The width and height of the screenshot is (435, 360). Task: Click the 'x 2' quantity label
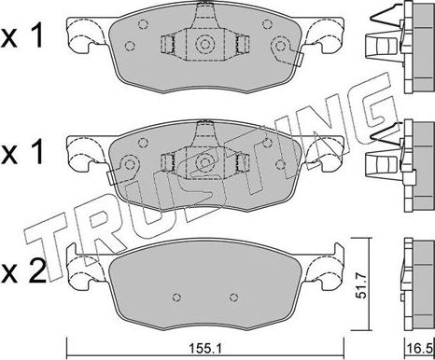point(23,272)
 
